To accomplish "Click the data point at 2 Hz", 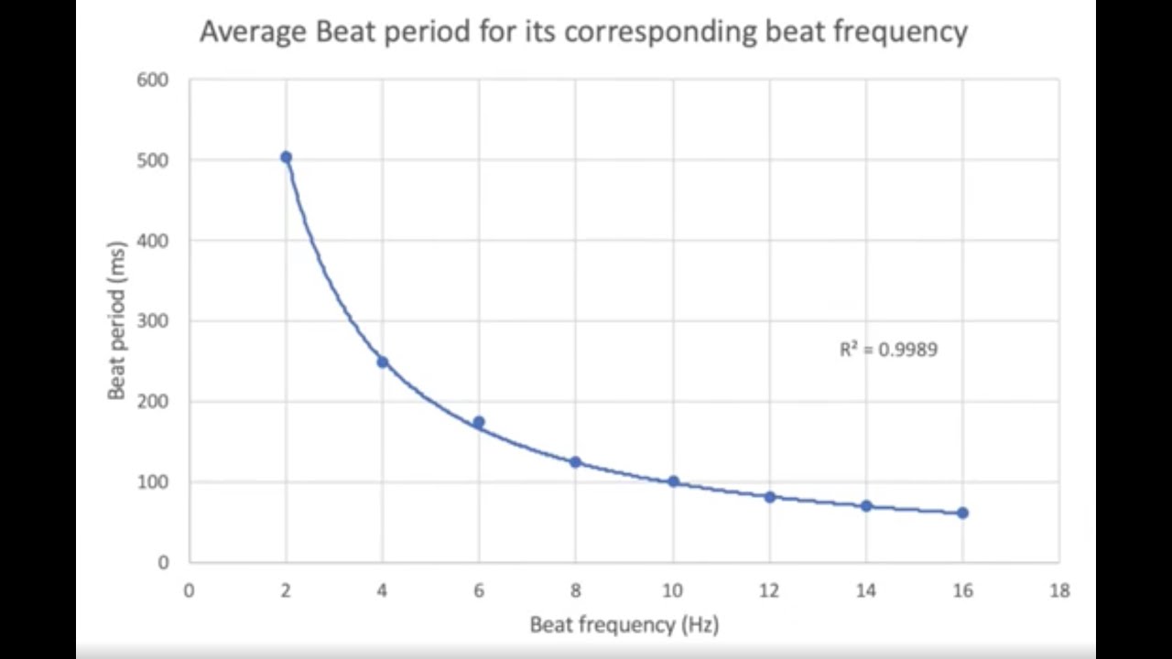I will [286, 157].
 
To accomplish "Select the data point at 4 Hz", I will [383, 362].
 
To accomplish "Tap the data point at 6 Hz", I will [479, 422].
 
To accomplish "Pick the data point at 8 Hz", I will [576, 462].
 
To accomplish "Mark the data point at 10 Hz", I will [673, 481].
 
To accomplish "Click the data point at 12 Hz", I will [770, 497].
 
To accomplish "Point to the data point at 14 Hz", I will [866, 506].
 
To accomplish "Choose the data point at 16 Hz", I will [962, 513].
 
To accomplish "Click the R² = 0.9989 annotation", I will [888, 350].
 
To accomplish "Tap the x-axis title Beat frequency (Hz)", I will [624, 625].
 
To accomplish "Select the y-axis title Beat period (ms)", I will [116, 320].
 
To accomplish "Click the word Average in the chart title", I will [253, 32].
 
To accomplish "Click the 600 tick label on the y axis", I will [153, 80].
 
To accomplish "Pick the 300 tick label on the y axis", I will [153, 321].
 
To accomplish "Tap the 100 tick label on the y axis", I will [153, 482].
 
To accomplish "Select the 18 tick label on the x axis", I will [1059, 591].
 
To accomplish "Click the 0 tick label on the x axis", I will [190, 591].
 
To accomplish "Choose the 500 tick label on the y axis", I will [153, 160].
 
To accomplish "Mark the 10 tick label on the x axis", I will [673, 591].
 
